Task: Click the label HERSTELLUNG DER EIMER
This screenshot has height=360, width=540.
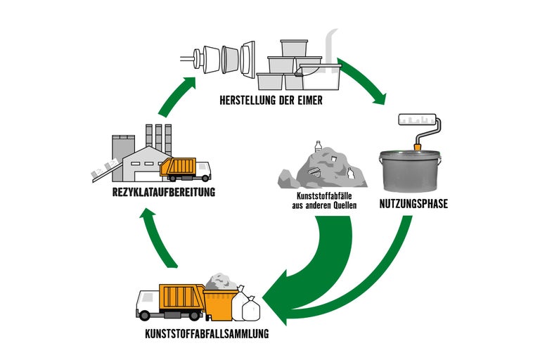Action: click(270, 100)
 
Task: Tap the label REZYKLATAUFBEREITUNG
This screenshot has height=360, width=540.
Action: click(162, 192)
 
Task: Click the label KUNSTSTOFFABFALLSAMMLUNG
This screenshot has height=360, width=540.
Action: click(202, 333)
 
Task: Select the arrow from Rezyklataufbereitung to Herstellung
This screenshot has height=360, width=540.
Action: click(176, 96)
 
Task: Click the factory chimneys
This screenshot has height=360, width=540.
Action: click(158, 137)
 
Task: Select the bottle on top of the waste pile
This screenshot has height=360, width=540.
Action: click(318, 146)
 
